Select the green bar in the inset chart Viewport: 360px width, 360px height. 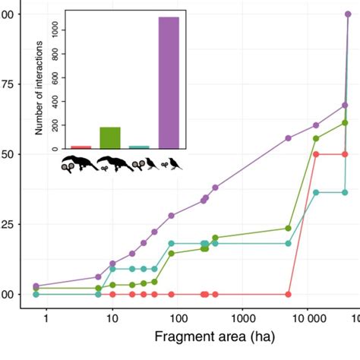pyautogui.click(x=110, y=137)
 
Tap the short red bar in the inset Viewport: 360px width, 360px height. pyautogui.click(x=81, y=147)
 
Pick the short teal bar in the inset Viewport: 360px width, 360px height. pyautogui.click(x=139, y=147)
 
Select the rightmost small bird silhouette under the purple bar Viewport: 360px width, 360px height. pyautogui.click(x=175, y=163)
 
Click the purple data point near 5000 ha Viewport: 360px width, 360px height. pyautogui.click(x=289, y=138)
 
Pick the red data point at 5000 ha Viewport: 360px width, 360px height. pyautogui.click(x=289, y=294)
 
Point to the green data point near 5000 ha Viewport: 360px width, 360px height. pyautogui.click(x=289, y=228)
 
